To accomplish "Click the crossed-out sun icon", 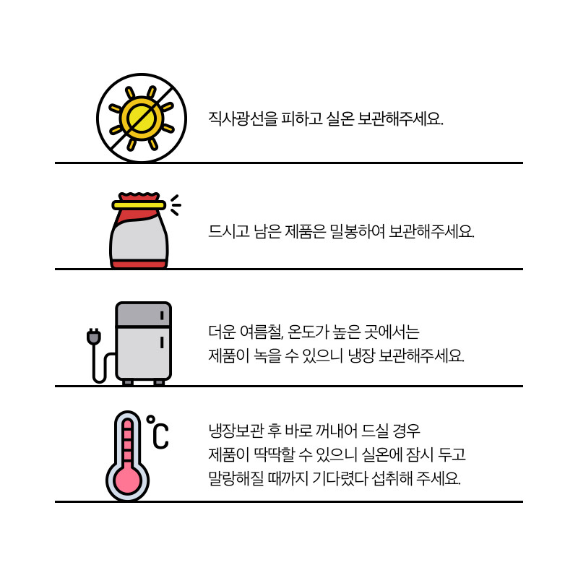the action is [142, 118].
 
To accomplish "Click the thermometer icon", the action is [128, 456].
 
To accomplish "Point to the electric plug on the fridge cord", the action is [94, 337].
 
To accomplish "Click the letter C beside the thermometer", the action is [160, 436].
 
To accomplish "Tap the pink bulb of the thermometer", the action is [128, 480].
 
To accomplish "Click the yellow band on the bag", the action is [139, 205].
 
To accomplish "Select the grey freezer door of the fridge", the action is [143, 314].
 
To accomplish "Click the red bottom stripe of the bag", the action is [139, 264].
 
